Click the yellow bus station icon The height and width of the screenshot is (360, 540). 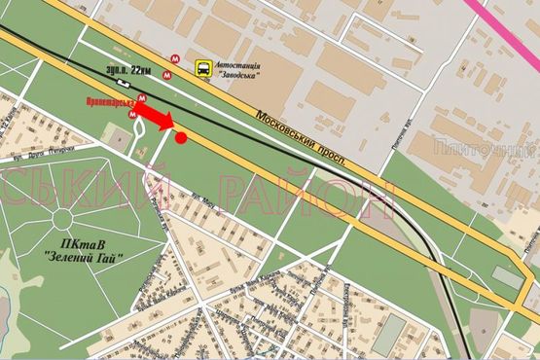click(x=204, y=69)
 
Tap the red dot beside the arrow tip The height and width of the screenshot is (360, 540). click(x=182, y=137)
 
